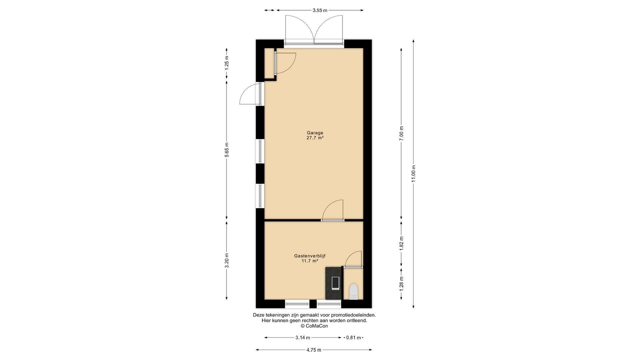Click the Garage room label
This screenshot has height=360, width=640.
pos(315,133)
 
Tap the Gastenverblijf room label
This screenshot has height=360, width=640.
pos(310,256)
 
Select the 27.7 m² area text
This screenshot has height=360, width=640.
pos(315,138)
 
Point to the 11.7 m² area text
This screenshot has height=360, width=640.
pos(310,261)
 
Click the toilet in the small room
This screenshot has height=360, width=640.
pos(353,291)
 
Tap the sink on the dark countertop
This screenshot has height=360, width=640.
pos(336,283)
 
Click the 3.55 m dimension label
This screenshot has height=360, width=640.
pos(320,10)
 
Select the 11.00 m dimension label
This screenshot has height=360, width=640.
pos(413,174)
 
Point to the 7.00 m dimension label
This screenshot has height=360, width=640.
pos(401,133)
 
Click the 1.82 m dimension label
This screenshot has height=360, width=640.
pos(401,243)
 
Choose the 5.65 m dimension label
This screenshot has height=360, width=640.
pos(227,150)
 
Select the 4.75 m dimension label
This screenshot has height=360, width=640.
pos(314,350)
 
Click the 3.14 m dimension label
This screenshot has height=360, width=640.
pos(303,338)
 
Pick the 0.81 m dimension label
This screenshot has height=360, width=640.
pos(353,338)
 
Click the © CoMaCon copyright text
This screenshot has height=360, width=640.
pos(314,326)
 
